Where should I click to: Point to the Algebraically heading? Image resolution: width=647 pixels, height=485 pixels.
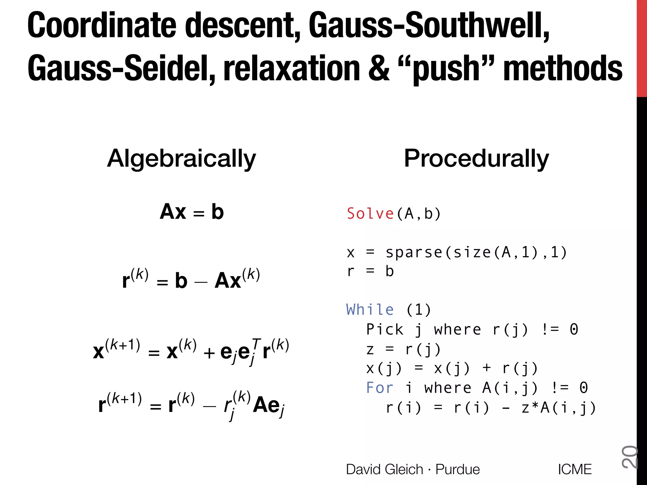(x=181, y=159)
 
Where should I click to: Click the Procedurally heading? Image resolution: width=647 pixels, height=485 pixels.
(x=476, y=159)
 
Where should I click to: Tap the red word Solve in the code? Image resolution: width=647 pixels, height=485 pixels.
(x=370, y=214)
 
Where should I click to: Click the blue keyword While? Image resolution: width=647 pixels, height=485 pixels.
(x=370, y=310)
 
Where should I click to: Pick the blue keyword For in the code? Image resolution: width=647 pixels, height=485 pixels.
(x=379, y=388)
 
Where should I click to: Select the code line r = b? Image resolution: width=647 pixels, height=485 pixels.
(x=370, y=272)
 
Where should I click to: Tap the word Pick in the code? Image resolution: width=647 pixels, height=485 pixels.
(x=384, y=330)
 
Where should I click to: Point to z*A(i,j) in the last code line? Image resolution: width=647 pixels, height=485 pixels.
(x=558, y=408)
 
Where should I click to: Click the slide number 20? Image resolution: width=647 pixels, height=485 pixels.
(x=629, y=457)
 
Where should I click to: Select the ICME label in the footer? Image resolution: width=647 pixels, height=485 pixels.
(x=575, y=469)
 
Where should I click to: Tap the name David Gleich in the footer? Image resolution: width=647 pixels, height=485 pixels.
(x=384, y=469)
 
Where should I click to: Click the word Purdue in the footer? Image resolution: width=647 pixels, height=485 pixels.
(x=457, y=469)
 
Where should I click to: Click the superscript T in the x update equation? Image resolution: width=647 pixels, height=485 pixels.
(x=256, y=342)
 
